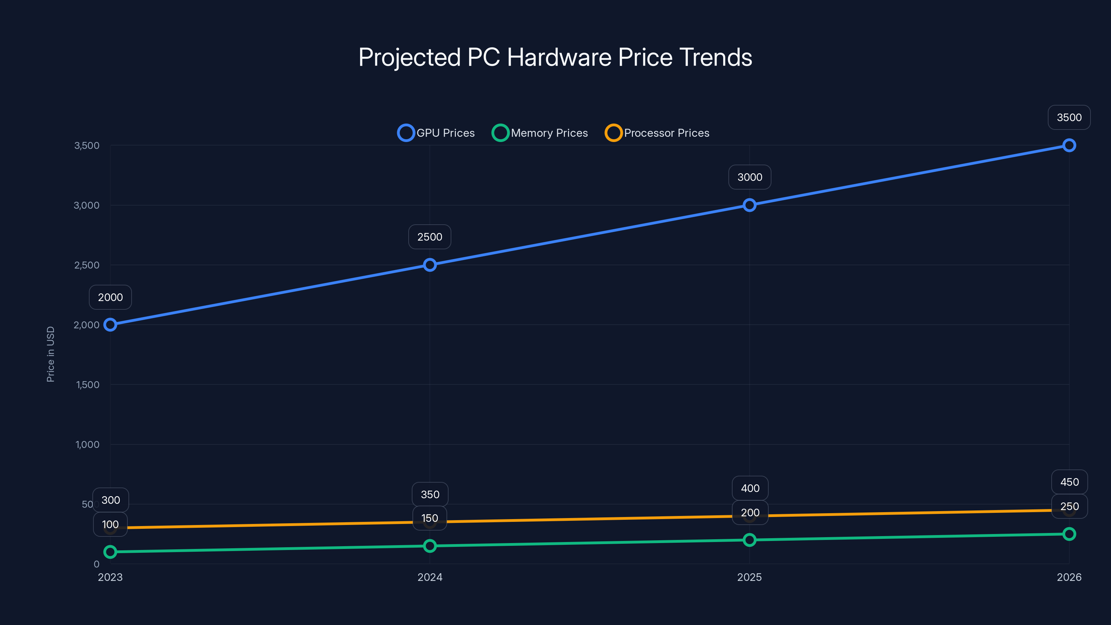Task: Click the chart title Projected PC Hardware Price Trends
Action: [x=555, y=57]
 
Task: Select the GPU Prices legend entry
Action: [x=436, y=133]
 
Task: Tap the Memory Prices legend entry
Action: [x=540, y=133]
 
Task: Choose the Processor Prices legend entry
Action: [x=657, y=133]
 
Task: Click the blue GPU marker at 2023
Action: [x=110, y=324]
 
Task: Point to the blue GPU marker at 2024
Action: [x=429, y=265]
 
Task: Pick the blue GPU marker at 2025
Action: [x=750, y=205]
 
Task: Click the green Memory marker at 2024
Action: [x=429, y=546]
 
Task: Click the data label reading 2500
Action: [x=429, y=237]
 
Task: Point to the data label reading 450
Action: [x=1070, y=482]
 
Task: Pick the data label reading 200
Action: [x=750, y=512]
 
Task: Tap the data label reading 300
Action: [x=111, y=500]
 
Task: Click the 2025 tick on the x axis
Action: [x=750, y=577]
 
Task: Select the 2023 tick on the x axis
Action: [x=110, y=577]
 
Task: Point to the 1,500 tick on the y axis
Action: [x=87, y=385]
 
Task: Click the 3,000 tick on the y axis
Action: [x=87, y=205]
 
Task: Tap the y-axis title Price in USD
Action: [x=50, y=354]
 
